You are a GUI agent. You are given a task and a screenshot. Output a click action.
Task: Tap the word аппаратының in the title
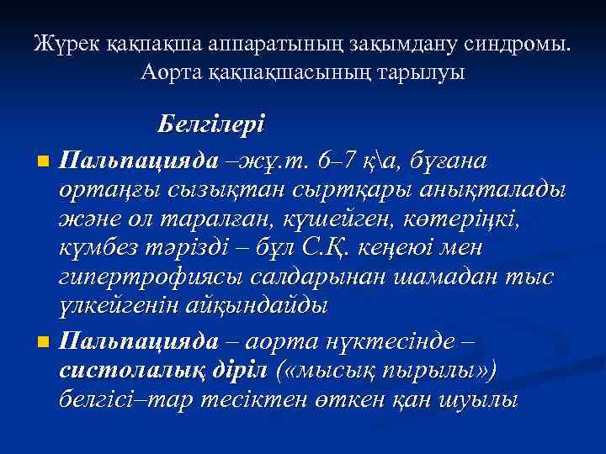(x=256, y=43)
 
